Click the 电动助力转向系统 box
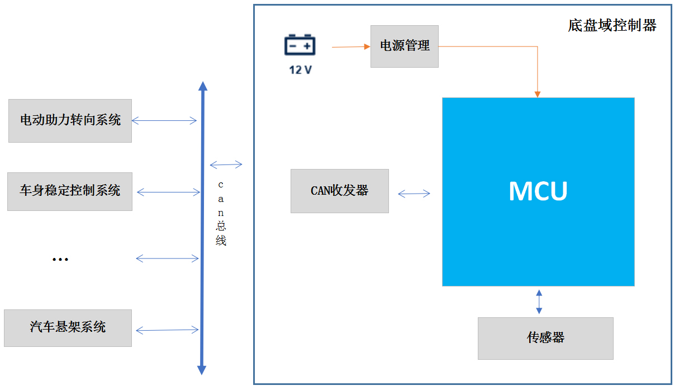[x=70, y=120]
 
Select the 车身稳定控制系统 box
[x=70, y=191]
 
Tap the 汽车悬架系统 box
[x=68, y=328]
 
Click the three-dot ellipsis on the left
[x=60, y=260]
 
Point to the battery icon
[x=300, y=45]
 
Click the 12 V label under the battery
[x=300, y=71]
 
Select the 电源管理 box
[x=404, y=46]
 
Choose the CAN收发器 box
[x=339, y=191]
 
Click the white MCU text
[x=538, y=191]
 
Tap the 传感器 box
[x=545, y=338]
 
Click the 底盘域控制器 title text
[x=612, y=25]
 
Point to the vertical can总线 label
[x=221, y=213]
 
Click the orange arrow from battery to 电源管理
[x=351, y=47]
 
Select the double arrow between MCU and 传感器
[x=539, y=302]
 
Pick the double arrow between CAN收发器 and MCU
[x=414, y=194]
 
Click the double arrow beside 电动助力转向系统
[x=164, y=120]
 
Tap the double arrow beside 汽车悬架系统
[x=167, y=330]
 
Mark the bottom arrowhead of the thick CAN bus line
[x=202, y=370]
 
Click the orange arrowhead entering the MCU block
[x=538, y=94]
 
